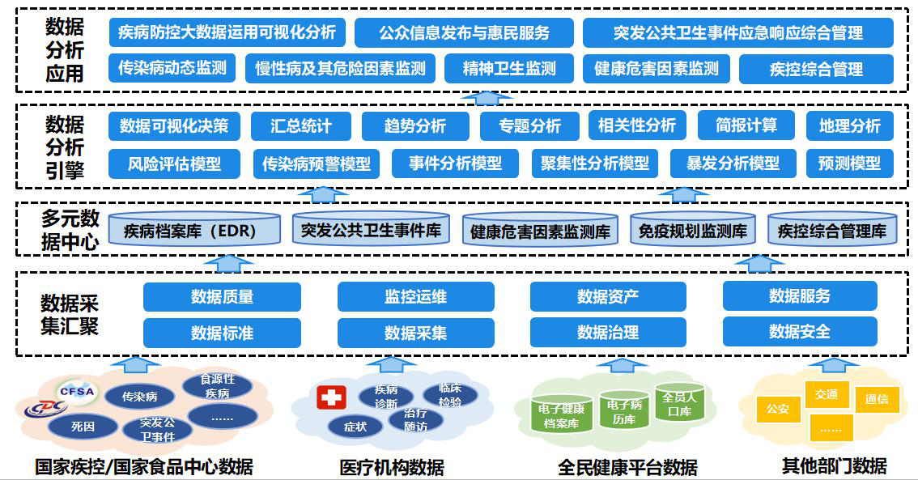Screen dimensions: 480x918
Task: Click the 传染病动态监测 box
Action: pos(172,68)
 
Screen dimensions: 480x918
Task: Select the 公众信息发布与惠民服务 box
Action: pos(464,32)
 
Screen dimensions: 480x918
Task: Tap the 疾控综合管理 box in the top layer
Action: pos(816,70)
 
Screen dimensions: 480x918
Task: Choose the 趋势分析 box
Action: pos(414,125)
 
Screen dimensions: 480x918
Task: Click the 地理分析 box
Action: pos(850,125)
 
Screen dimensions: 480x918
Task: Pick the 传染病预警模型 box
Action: pos(316,164)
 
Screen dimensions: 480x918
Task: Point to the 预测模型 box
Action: pos(849,164)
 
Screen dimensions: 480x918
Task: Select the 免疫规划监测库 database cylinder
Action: pos(692,230)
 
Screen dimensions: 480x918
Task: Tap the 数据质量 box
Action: pos(222,296)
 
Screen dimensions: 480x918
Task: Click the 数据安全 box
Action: pos(799,331)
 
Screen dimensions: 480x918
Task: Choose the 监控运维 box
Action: pos(415,296)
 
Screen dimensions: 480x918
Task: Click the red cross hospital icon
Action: pos(331,397)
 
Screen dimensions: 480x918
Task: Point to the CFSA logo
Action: pos(76,392)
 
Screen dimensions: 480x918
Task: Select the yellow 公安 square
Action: pos(777,409)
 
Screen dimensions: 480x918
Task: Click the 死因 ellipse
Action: pos(83,424)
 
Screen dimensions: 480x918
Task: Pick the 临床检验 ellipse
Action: pos(450,395)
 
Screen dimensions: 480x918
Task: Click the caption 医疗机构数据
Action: pos(391,467)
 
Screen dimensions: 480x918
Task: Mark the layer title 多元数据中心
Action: pos(70,230)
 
